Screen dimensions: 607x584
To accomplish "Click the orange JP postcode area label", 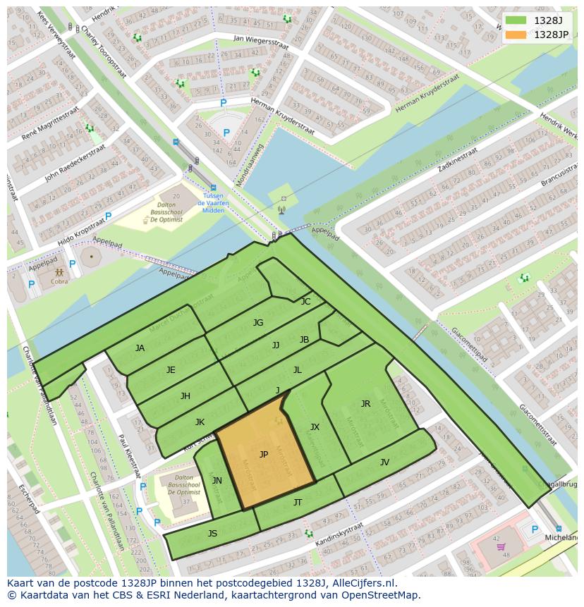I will [x=264, y=455].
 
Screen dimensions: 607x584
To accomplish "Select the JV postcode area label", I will [x=384, y=462].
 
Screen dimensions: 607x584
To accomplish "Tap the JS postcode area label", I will [x=212, y=533].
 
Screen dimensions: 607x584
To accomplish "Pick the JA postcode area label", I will [x=140, y=348].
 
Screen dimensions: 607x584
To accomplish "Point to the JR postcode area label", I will [x=365, y=404].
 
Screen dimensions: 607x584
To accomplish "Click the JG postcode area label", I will [x=258, y=323].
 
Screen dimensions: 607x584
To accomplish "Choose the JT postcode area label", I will [x=298, y=502].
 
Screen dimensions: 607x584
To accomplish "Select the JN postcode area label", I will [x=217, y=481].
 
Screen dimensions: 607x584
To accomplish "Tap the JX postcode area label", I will [x=315, y=427].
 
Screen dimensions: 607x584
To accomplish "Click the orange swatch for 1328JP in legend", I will [x=516, y=35].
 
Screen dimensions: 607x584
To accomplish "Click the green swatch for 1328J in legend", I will [x=516, y=20].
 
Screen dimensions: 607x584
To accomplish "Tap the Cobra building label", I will [x=59, y=282].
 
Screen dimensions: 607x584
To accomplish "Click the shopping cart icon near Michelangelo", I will [x=501, y=546].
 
